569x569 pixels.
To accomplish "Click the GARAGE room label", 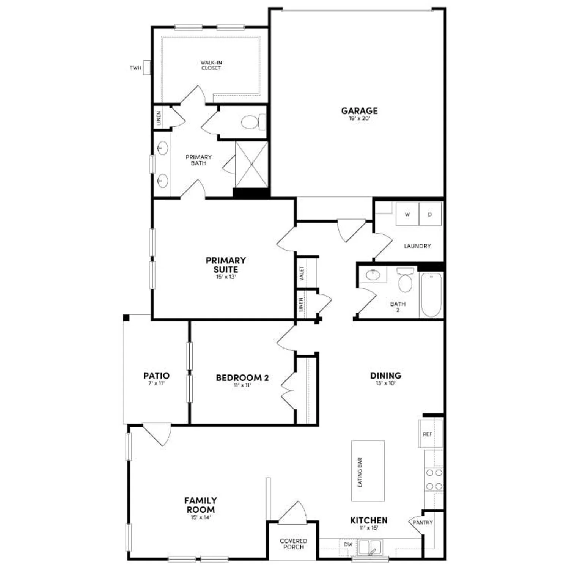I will (359, 111).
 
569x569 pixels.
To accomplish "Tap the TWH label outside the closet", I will (135, 68).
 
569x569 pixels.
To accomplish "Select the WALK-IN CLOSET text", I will (211, 65).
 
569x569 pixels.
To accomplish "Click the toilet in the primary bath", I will (252, 122).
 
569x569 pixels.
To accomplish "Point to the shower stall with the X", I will (251, 164).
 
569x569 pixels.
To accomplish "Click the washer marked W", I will (407, 214).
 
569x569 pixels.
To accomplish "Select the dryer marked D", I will (430, 214).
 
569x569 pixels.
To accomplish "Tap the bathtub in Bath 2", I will (431, 295).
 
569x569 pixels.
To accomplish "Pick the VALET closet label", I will (302, 273).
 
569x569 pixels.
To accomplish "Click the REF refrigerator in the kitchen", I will (428, 434).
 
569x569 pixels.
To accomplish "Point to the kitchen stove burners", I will (434, 479).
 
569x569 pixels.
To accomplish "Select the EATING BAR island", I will (368, 471).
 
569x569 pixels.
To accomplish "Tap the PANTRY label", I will (423, 523).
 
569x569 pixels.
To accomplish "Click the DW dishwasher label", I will (348, 545).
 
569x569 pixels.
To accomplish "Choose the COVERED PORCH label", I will (293, 544).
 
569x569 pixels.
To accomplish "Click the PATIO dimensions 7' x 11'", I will (156, 383).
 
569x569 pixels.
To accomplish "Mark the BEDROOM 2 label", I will (242, 378).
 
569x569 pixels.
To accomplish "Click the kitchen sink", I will (370, 548).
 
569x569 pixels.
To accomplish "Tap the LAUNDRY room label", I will (417, 246).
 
